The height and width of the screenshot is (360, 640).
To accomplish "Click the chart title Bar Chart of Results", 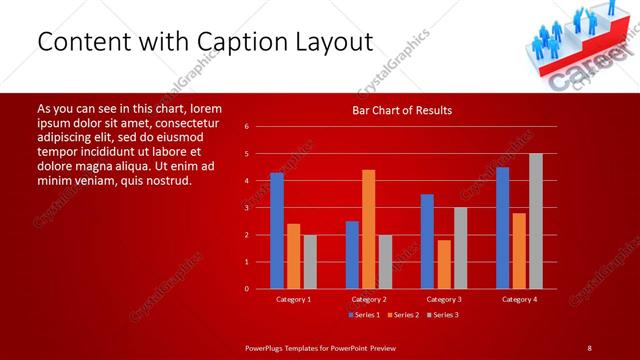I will pyautogui.click(x=402, y=110).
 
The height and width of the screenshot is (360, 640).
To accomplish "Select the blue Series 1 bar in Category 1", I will pyautogui.click(x=277, y=231).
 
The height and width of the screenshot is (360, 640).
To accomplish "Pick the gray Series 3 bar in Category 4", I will pyautogui.click(x=536, y=221).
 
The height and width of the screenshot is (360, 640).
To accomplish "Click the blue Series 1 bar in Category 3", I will pyautogui.click(x=427, y=241).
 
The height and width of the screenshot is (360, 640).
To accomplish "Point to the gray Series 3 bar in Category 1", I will pyautogui.click(x=310, y=262).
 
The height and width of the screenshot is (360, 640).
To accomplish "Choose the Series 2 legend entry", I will pyautogui.click(x=401, y=315).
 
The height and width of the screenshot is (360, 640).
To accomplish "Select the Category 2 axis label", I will pyautogui.click(x=369, y=299).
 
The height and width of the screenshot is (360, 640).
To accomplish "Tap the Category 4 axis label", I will pyautogui.click(x=519, y=299).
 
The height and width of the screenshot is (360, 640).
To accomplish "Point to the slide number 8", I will pyautogui.click(x=589, y=347).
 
